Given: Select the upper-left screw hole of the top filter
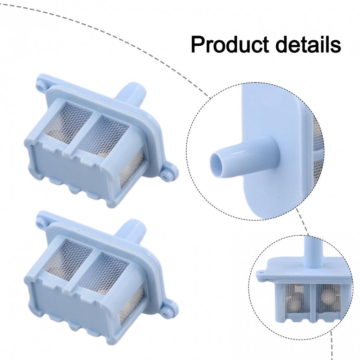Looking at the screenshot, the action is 40,88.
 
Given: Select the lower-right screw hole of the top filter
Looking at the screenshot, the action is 165,177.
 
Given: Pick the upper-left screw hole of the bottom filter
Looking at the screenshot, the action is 40,223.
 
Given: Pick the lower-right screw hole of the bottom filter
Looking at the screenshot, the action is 165,313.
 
